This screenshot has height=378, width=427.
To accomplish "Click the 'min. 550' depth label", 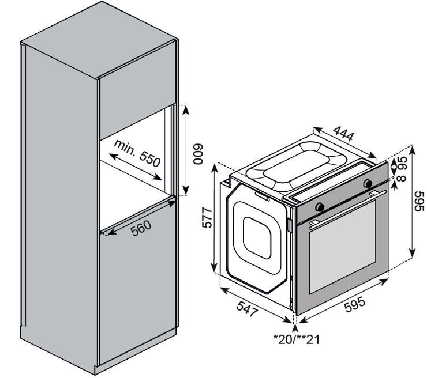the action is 137,153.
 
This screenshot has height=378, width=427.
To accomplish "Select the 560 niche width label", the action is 141,228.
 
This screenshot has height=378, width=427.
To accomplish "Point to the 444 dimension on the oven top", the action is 343,134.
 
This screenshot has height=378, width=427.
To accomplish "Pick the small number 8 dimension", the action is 402,178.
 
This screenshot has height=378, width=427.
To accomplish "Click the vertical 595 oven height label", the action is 419,201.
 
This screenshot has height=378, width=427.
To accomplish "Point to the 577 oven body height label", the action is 207,218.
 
